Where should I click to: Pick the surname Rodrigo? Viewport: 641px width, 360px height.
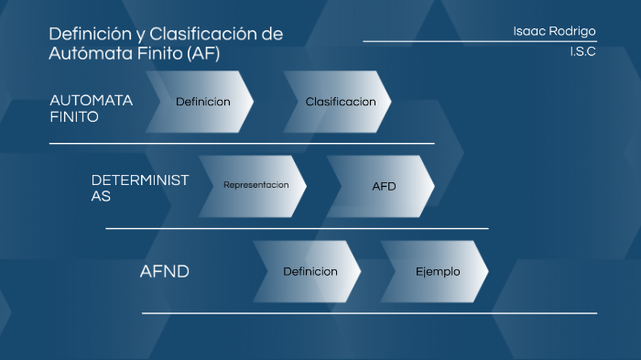pyautogui.click(x=574, y=31)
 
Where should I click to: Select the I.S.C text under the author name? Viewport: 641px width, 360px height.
pyautogui.click(x=582, y=51)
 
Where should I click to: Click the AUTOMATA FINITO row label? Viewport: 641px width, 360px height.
pyautogui.click(x=91, y=108)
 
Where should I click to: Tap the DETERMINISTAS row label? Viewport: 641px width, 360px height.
pyautogui.click(x=139, y=188)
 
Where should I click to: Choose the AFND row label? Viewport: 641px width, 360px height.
pyautogui.click(x=165, y=272)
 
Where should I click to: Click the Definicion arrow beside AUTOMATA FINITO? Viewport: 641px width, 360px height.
pyautogui.click(x=202, y=102)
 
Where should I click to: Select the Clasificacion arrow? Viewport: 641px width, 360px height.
pyautogui.click(x=340, y=102)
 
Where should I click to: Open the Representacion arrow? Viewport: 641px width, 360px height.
pyautogui.click(x=255, y=185)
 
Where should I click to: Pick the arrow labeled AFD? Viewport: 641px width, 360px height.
pyautogui.click(x=384, y=186)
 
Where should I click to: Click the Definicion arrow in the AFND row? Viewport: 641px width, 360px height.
pyautogui.click(x=310, y=271)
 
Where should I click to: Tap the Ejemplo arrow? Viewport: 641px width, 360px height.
pyautogui.click(x=438, y=271)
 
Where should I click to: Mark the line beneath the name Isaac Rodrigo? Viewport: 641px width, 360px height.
pyautogui.click(x=479, y=41)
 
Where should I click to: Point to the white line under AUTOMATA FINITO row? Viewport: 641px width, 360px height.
pyautogui.click(x=242, y=143)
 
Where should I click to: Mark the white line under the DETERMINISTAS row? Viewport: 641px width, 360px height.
pyautogui.click(x=297, y=228)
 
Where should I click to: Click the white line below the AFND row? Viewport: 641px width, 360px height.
pyautogui.click(x=369, y=313)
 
